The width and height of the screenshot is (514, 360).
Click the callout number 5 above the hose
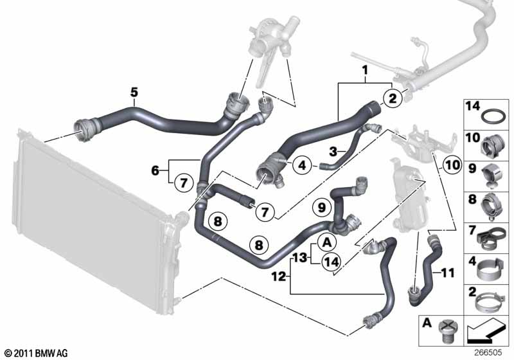tap(134, 93)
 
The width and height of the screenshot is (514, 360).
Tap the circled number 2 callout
tap(393, 98)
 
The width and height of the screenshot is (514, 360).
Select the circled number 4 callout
tap(302, 165)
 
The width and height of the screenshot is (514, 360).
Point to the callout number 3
tap(333, 152)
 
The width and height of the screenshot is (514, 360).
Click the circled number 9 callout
tap(322, 207)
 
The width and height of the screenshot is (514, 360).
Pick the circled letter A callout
tap(327, 243)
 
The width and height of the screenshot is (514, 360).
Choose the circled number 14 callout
tap(331, 262)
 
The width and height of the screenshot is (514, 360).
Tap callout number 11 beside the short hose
tap(447, 273)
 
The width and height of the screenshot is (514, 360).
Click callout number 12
tap(279, 277)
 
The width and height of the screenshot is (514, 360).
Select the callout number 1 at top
tap(365, 70)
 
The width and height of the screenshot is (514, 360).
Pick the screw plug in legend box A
tap(447, 330)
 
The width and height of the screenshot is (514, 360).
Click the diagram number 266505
tap(488, 352)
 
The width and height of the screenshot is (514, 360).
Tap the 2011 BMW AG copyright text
tap(37, 353)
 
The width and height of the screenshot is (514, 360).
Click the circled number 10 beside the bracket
tap(452, 165)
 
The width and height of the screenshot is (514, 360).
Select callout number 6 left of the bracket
tap(155, 170)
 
